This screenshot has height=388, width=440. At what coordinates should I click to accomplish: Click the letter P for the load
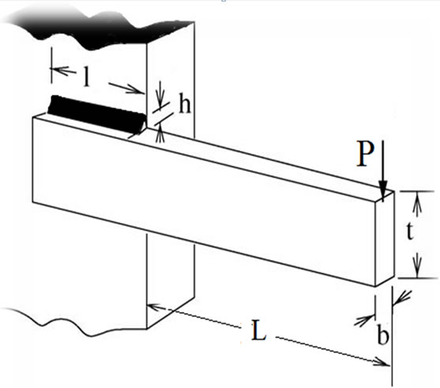[x=365, y=154]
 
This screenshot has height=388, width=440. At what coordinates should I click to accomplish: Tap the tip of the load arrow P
[x=383, y=201]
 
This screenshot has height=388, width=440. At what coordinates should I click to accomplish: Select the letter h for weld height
[x=185, y=105]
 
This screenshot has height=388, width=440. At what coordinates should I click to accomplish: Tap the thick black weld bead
[x=97, y=115]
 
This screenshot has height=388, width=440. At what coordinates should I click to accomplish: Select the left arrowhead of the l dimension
[x=59, y=70]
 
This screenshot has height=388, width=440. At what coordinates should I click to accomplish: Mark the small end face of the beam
[x=385, y=239]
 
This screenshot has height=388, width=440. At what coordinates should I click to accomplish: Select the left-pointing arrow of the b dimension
[x=402, y=298]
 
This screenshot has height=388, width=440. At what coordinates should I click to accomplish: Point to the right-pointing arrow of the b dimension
[x=364, y=320]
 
